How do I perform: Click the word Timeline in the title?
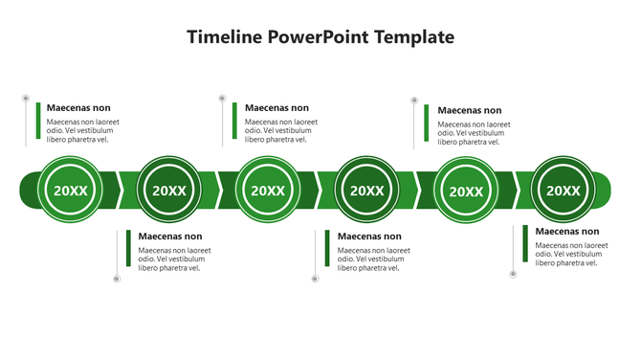(x=224, y=37)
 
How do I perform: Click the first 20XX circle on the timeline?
(x=70, y=190)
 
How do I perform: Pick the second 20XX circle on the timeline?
(x=169, y=190)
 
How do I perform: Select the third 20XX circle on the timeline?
(x=268, y=190)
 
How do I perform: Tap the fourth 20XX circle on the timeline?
(x=367, y=190)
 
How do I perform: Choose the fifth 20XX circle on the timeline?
(x=467, y=191)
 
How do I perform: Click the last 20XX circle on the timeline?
(x=564, y=190)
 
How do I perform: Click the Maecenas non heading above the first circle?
(x=78, y=108)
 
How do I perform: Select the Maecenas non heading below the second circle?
(x=170, y=236)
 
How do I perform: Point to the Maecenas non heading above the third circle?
(x=277, y=108)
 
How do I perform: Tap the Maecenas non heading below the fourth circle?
(x=369, y=236)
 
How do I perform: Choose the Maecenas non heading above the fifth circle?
(x=470, y=110)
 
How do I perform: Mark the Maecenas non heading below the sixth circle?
(x=567, y=232)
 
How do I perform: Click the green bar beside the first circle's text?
(x=38, y=121)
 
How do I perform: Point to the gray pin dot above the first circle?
(x=26, y=98)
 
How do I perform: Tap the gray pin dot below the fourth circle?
(x=315, y=279)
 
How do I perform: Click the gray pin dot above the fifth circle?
(x=414, y=100)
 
